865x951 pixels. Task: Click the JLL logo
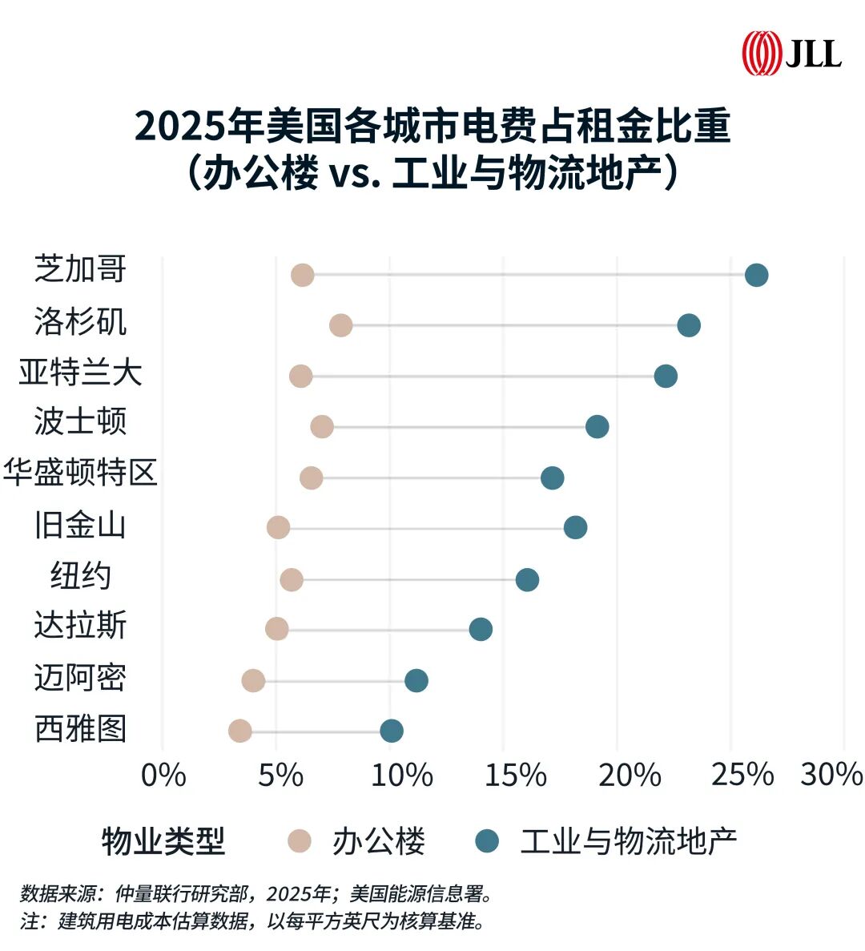791,53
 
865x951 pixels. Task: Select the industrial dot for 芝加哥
756,275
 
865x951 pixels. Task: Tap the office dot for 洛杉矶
340,325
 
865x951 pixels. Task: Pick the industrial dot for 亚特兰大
665,376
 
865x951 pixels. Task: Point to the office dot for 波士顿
321,427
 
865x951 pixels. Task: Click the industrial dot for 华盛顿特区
552,478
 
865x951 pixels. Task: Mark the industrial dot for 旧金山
575,527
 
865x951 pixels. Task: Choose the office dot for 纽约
292,579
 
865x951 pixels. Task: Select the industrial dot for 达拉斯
480,629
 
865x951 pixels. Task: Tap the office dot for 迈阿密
253,680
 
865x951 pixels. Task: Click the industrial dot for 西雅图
391,730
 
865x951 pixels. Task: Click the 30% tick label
831,774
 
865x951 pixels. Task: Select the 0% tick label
163,774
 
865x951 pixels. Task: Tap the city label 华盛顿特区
80,473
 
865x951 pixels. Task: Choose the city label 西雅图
80,729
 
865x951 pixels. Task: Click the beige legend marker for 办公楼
300,840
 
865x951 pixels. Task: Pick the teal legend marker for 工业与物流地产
486,840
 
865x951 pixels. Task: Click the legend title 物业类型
163,841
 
